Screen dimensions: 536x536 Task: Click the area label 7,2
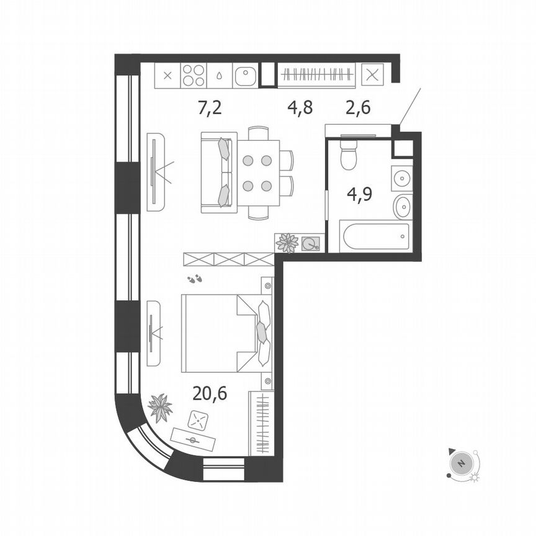(209, 109)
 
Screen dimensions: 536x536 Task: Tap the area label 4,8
(300, 108)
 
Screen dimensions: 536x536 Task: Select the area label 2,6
(357, 108)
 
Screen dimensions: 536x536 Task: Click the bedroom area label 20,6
(210, 393)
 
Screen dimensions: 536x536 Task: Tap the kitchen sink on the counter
(246, 76)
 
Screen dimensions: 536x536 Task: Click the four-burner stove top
(194, 76)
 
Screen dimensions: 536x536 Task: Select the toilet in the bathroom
(349, 156)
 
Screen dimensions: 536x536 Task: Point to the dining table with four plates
(257, 172)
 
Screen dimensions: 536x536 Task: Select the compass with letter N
(460, 463)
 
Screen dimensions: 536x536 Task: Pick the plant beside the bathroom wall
(287, 243)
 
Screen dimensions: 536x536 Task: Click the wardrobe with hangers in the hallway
(316, 76)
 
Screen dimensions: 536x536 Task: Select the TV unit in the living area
(155, 172)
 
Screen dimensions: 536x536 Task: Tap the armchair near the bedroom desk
(199, 420)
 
